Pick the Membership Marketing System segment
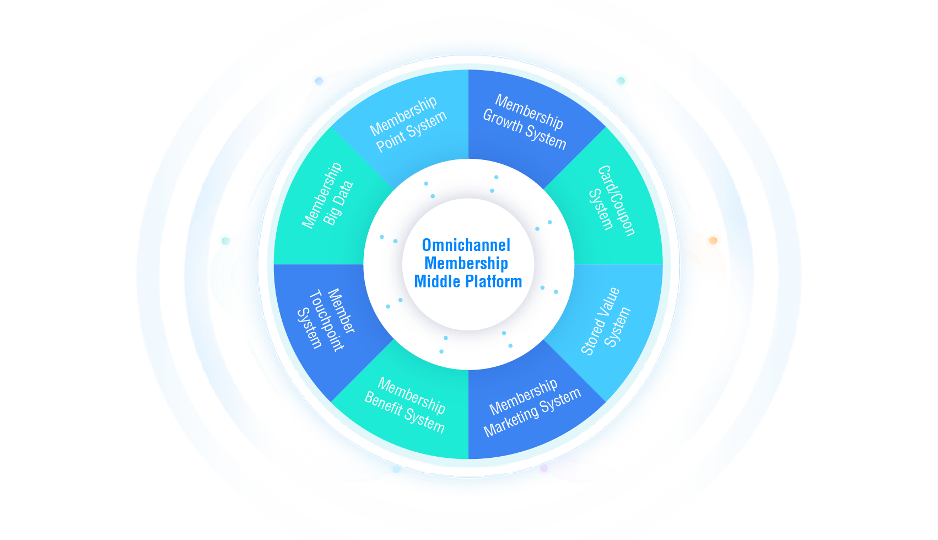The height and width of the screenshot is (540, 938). click(532, 408)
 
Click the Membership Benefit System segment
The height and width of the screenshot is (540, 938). click(405, 405)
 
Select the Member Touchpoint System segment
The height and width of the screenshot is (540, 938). click(325, 320)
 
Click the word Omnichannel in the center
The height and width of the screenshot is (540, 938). click(466, 245)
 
